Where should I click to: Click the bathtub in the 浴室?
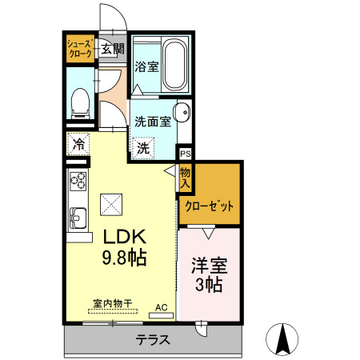coord(174,65)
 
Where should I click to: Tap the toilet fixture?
coord(80,103)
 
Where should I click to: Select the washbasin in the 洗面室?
coord(182,113)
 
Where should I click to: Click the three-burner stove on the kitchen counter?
coord(78,182)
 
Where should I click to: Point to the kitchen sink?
coord(78,219)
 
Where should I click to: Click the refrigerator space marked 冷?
coord(78,144)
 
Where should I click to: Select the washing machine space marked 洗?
coord(143,148)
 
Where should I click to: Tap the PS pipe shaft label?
coord(186,154)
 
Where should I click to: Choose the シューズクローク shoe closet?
coord(81,49)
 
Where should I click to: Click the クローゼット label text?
coord(209,206)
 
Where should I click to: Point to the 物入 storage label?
coord(185,178)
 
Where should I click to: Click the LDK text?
coord(125,237)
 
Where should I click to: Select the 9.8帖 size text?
coord(125,258)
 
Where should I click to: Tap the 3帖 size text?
coord(209,285)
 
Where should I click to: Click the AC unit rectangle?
coord(161,316)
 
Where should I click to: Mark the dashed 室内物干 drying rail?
coord(113,311)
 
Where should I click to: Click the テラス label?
coord(153,340)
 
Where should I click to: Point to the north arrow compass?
coord(282,339)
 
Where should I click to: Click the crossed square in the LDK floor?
coord(111,205)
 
